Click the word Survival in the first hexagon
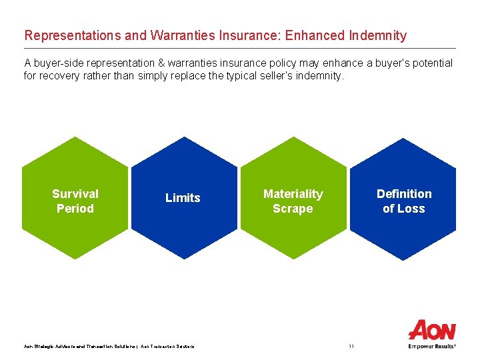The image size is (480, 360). [75, 194]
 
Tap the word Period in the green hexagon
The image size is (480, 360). [75, 209]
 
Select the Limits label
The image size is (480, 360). [183, 198]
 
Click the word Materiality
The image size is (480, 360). [293, 194]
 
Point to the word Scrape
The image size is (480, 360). [293, 209]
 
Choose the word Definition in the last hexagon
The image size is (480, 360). [404, 194]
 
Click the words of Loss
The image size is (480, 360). [404, 209]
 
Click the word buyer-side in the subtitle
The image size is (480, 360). [59, 63]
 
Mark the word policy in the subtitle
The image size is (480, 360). [282, 63]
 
